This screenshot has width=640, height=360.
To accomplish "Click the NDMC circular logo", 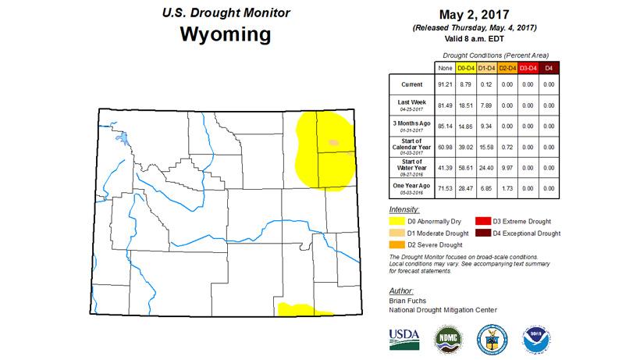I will (x=448, y=337).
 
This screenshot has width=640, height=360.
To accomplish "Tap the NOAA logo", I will (x=535, y=337).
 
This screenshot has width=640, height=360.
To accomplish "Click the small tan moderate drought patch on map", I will (x=333, y=143).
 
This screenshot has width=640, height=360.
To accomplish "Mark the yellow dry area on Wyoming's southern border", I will (x=300, y=309).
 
